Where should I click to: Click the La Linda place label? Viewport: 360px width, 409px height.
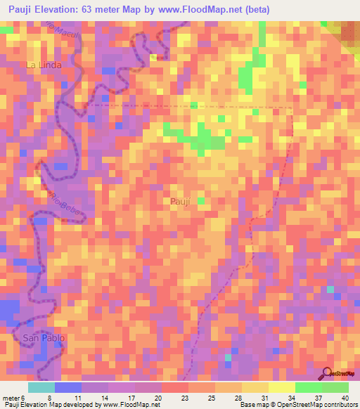(44, 65)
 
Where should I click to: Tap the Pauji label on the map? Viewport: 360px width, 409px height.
(180, 202)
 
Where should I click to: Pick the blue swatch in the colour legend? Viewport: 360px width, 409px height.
(67, 387)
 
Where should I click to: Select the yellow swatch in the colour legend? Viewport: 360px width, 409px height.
(281, 387)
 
